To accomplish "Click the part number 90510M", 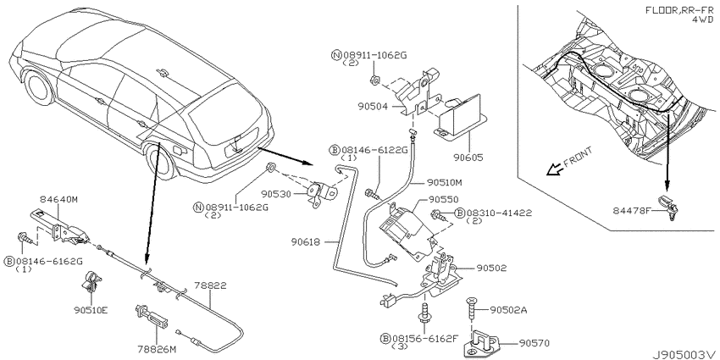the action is [x=444, y=183].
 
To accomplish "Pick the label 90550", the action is [x=445, y=200].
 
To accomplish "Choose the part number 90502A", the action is [x=508, y=310].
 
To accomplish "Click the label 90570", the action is [x=534, y=342].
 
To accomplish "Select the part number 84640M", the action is [x=58, y=199].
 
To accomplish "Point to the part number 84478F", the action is [x=631, y=210].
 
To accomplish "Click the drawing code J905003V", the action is [x=685, y=354].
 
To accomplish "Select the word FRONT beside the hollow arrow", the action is [x=578, y=157].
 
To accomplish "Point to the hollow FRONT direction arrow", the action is [x=552, y=170].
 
